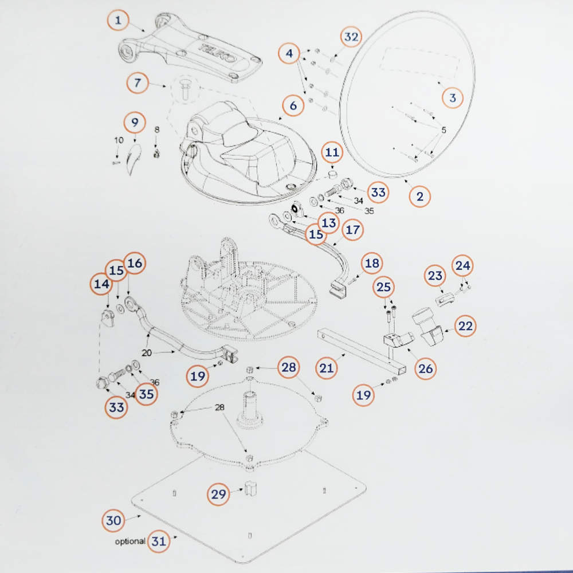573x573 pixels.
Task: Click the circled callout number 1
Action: [x=117, y=20]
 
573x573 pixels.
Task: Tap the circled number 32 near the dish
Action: [x=351, y=37]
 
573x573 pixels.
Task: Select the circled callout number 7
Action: [x=137, y=83]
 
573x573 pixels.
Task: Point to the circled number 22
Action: [x=465, y=325]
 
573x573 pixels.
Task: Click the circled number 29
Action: [x=218, y=494]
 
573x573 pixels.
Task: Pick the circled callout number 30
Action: [x=113, y=520]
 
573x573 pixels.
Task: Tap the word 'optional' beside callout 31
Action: [x=129, y=541]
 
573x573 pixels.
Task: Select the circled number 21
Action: [x=327, y=368]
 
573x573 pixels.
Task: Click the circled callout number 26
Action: [x=425, y=368]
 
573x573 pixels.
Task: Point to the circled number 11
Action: [x=332, y=152]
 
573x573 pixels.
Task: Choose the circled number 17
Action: [x=352, y=230]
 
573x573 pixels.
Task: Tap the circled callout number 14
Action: [x=101, y=284]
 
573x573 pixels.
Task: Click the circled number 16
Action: [x=135, y=263]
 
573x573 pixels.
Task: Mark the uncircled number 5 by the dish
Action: [x=444, y=129]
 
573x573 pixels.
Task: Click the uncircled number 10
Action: [x=119, y=140]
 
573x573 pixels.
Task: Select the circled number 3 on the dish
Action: [x=453, y=97]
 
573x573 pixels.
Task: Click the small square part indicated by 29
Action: [x=251, y=488]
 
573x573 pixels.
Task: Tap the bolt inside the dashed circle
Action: [x=185, y=89]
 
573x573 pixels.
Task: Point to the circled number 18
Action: [x=372, y=263]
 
